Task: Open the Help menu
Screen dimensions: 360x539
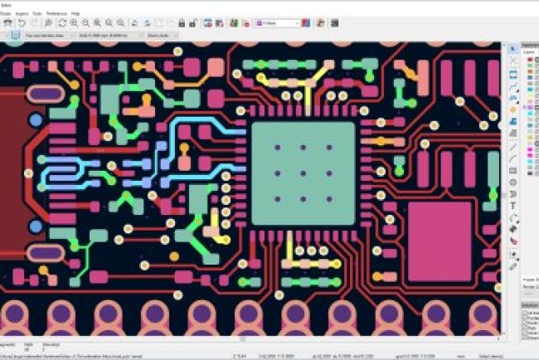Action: pos(75,14)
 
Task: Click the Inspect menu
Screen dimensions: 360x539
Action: pos(22,14)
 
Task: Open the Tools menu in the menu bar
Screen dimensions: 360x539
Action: pos(38,14)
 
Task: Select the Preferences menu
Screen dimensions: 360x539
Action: pos(56,14)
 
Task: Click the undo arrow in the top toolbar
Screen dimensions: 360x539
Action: pos(22,23)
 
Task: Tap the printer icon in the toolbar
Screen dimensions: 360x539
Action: pos(8,23)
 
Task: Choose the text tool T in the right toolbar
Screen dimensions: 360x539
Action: pos(513,205)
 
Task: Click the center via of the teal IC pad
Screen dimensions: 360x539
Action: pos(303,173)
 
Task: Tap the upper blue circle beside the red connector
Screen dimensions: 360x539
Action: pos(36,121)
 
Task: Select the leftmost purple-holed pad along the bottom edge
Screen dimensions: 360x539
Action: pos(16,314)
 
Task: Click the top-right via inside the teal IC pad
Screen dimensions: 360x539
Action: pos(328,148)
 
